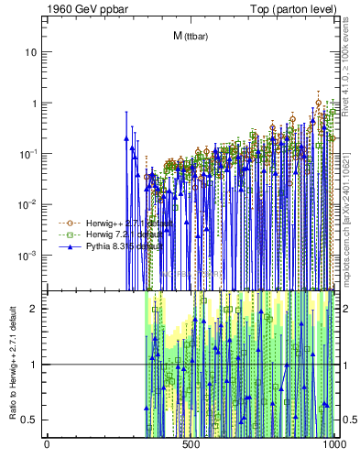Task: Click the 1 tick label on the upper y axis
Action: [36, 103]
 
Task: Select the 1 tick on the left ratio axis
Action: [36, 365]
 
